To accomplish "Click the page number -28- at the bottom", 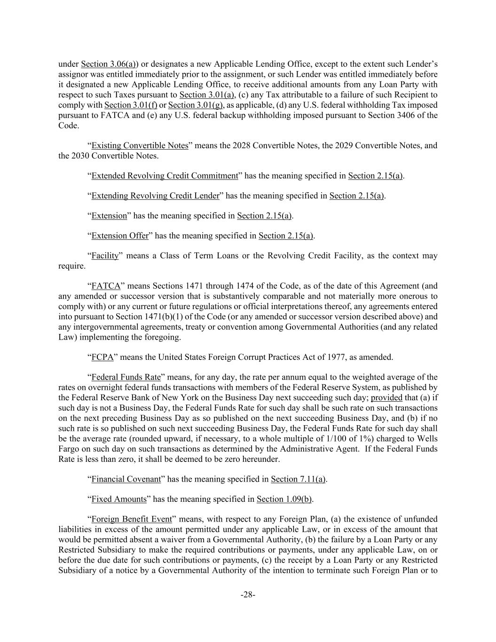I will [x=248, y=595].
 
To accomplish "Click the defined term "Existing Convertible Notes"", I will [x=140, y=145].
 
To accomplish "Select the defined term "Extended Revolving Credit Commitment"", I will [x=165, y=176].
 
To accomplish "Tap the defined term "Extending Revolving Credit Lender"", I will [x=155, y=196].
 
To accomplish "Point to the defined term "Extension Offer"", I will [x=120, y=236].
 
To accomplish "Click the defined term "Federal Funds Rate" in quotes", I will [x=126, y=377].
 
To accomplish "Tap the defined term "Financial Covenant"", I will [x=126, y=479].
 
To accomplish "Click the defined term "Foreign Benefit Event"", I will [x=131, y=519].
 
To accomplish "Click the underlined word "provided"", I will [x=386, y=397].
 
